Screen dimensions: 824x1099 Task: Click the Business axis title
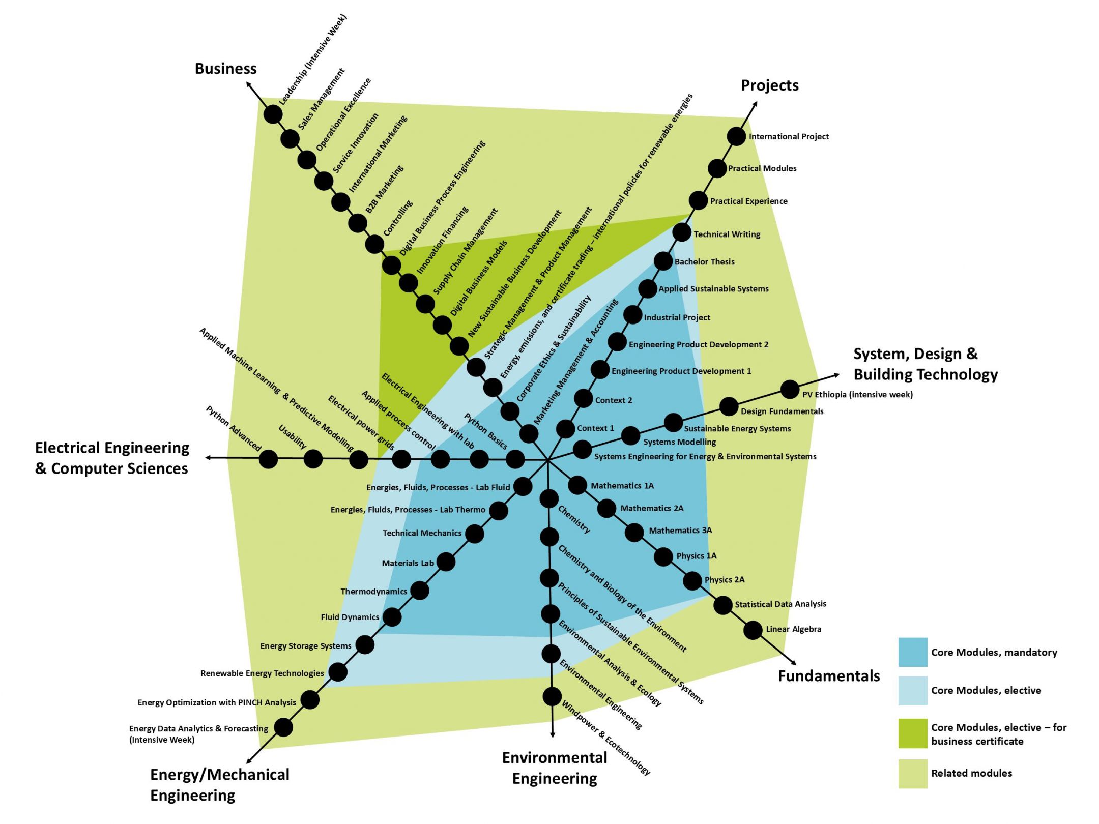[225, 69]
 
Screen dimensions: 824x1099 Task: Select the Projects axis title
[769, 85]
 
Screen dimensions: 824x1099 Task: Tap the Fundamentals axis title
[828, 676]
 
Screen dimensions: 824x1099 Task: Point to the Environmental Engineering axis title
[555, 768]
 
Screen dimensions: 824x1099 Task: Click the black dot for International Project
[736, 136]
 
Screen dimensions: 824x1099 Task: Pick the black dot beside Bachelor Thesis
[663, 261]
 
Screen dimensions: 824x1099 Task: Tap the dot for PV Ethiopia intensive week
[790, 390]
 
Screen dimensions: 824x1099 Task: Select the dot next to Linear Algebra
[753, 630]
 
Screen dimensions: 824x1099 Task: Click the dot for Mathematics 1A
[577, 485]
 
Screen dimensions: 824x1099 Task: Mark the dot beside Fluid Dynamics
[392, 617]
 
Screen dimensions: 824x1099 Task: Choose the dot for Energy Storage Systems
[365, 645]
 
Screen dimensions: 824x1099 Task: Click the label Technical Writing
[727, 234]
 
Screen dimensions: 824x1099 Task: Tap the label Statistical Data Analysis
[780, 604]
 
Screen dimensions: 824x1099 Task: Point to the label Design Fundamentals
[782, 411]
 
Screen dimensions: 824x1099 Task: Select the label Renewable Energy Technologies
[262, 673]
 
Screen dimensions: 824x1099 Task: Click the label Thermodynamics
[373, 592]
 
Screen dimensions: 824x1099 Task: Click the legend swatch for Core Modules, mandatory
[913, 652]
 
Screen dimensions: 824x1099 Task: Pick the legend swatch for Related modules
[913, 774]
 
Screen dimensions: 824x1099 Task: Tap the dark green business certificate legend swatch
[913, 733]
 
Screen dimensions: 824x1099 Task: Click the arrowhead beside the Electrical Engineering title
[208, 458]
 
